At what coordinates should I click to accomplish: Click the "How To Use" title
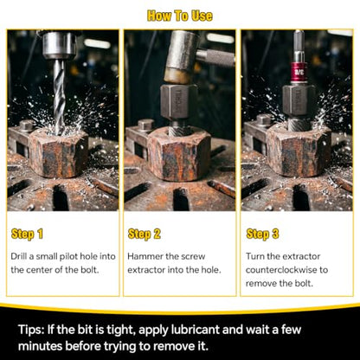180,16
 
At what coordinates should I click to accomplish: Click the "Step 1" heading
27,234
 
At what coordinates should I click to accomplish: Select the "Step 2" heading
144,234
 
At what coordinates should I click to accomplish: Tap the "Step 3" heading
262,234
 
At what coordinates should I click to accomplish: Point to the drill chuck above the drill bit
60,45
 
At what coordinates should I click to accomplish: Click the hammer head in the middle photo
182,57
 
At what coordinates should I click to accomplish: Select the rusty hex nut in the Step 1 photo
59,153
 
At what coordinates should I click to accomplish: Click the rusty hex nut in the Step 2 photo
179,154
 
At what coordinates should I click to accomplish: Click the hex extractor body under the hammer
179,101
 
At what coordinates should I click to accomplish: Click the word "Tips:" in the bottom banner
31,330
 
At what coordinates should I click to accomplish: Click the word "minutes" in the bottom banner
40,346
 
